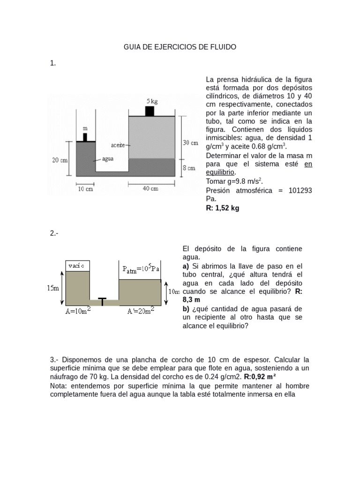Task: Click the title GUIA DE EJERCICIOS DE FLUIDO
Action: click(180, 47)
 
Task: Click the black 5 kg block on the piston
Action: click(150, 111)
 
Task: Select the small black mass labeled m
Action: click(85, 137)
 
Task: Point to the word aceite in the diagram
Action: click(118, 145)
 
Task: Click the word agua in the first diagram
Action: click(108, 159)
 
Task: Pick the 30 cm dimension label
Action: click(190, 142)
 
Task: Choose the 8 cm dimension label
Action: click(188, 168)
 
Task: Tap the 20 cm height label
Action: click(60, 160)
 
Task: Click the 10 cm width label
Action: click(85, 189)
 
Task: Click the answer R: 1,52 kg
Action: click(223, 208)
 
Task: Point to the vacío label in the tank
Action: click(76, 266)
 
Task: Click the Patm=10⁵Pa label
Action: click(141, 269)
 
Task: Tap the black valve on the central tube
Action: click(102, 300)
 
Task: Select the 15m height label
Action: click(53, 288)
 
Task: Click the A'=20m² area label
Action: click(141, 311)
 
